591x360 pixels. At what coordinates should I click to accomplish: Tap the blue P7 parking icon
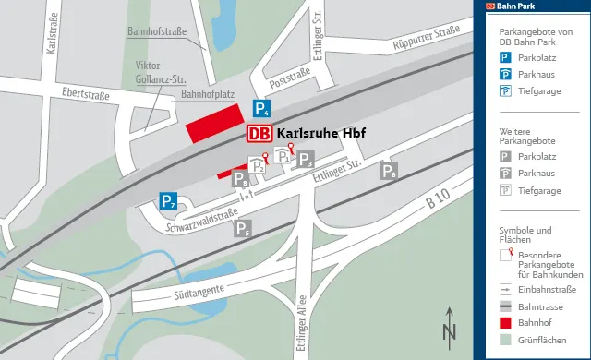(167, 200)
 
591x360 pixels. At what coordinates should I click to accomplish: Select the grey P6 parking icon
(390, 171)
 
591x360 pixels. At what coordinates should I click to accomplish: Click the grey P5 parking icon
(243, 229)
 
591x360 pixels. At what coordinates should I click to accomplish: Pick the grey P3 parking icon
(305, 160)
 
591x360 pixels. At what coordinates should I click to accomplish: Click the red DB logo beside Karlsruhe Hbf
(259, 134)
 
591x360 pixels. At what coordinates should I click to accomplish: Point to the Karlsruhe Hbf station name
(321, 134)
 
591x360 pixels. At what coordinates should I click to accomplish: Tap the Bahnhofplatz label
(209, 94)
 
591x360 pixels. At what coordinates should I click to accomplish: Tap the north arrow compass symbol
(449, 328)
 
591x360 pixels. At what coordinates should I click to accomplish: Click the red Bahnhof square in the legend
(505, 323)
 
